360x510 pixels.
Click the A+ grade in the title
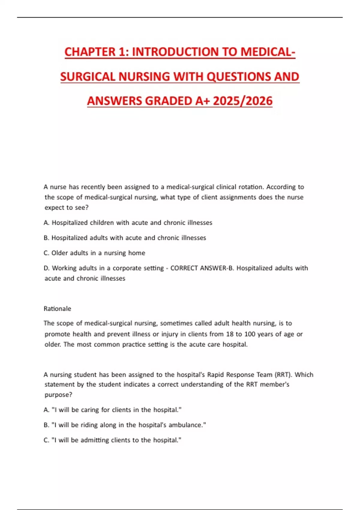(202, 101)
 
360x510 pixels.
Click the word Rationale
(57, 309)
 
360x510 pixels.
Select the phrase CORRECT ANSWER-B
(202, 268)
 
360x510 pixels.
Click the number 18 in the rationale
(230, 334)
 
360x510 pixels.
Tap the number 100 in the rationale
(250, 334)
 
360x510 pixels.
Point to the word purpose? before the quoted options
(58, 395)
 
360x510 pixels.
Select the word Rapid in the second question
(215, 374)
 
